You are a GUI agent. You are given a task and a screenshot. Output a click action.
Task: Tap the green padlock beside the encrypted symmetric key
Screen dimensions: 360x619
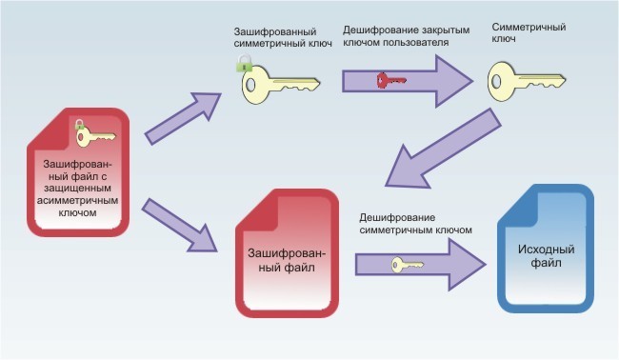point(244,63)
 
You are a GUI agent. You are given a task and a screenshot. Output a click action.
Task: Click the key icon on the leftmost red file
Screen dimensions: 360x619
point(94,135)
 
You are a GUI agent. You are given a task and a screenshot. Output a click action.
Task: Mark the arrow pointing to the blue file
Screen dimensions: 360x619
point(419,264)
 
